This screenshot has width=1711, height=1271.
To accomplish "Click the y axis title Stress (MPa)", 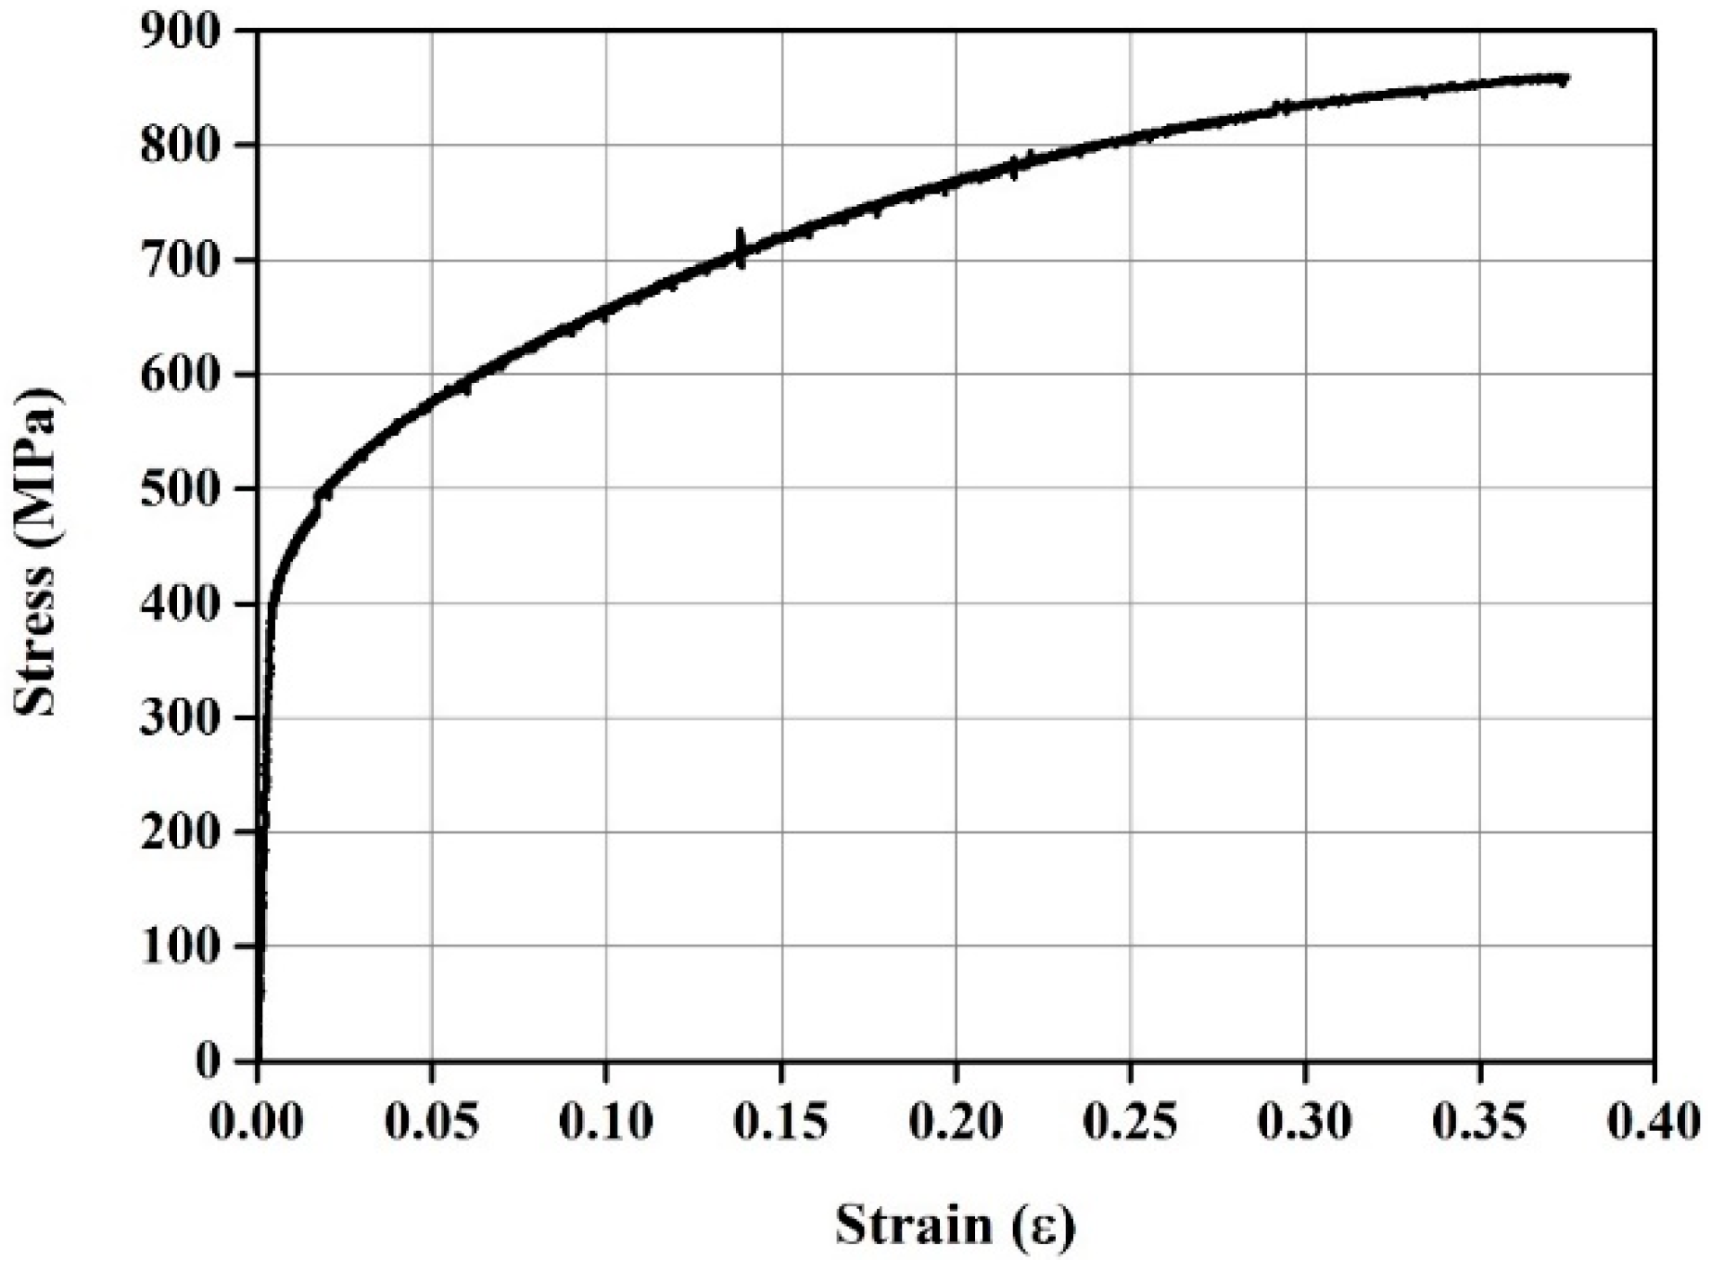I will click(x=37, y=551).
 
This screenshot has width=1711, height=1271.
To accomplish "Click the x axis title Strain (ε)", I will click(x=955, y=1226).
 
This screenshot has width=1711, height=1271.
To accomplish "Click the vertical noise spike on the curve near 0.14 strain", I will click(x=740, y=248).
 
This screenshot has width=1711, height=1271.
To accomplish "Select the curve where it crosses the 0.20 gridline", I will click(x=957, y=178).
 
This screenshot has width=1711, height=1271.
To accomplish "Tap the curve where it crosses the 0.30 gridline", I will click(x=1305, y=104).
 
